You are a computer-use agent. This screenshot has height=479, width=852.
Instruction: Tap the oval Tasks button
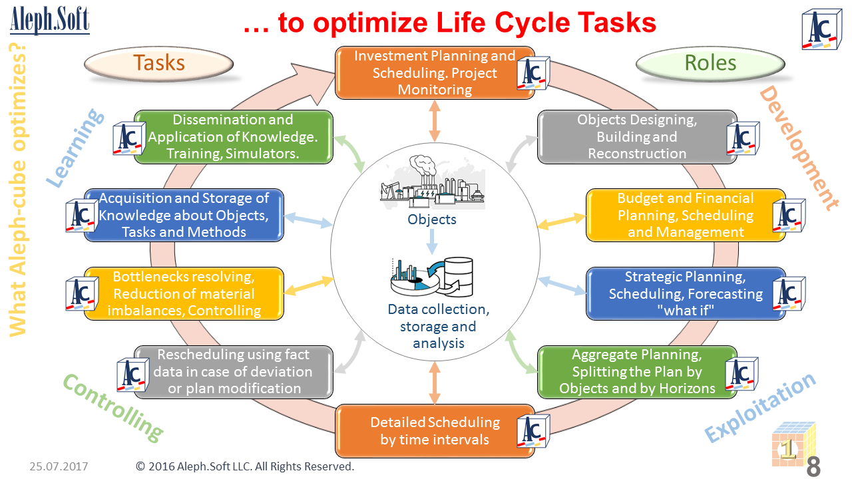pos(159,63)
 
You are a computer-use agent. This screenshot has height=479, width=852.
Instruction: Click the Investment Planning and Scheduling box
pos(435,73)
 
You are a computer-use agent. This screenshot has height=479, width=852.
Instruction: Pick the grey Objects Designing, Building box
pos(637,136)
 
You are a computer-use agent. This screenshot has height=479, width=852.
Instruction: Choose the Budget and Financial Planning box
pos(686,215)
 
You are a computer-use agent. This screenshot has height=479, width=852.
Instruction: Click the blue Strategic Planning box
pos(686,293)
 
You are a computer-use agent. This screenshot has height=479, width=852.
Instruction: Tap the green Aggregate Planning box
pos(637,372)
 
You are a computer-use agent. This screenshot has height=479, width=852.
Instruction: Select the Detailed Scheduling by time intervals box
pos(435,430)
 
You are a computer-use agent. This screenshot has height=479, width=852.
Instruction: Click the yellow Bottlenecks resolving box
pos(184,293)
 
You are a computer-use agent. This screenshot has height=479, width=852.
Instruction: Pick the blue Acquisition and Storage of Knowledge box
pos(184,215)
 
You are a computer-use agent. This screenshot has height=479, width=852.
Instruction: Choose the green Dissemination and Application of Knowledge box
pos(233,136)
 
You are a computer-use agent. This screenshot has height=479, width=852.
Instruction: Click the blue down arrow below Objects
pos(432,241)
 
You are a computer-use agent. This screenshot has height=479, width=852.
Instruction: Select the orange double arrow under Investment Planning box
pos(435,122)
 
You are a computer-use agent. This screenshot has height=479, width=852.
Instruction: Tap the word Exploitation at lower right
pos(760,406)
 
